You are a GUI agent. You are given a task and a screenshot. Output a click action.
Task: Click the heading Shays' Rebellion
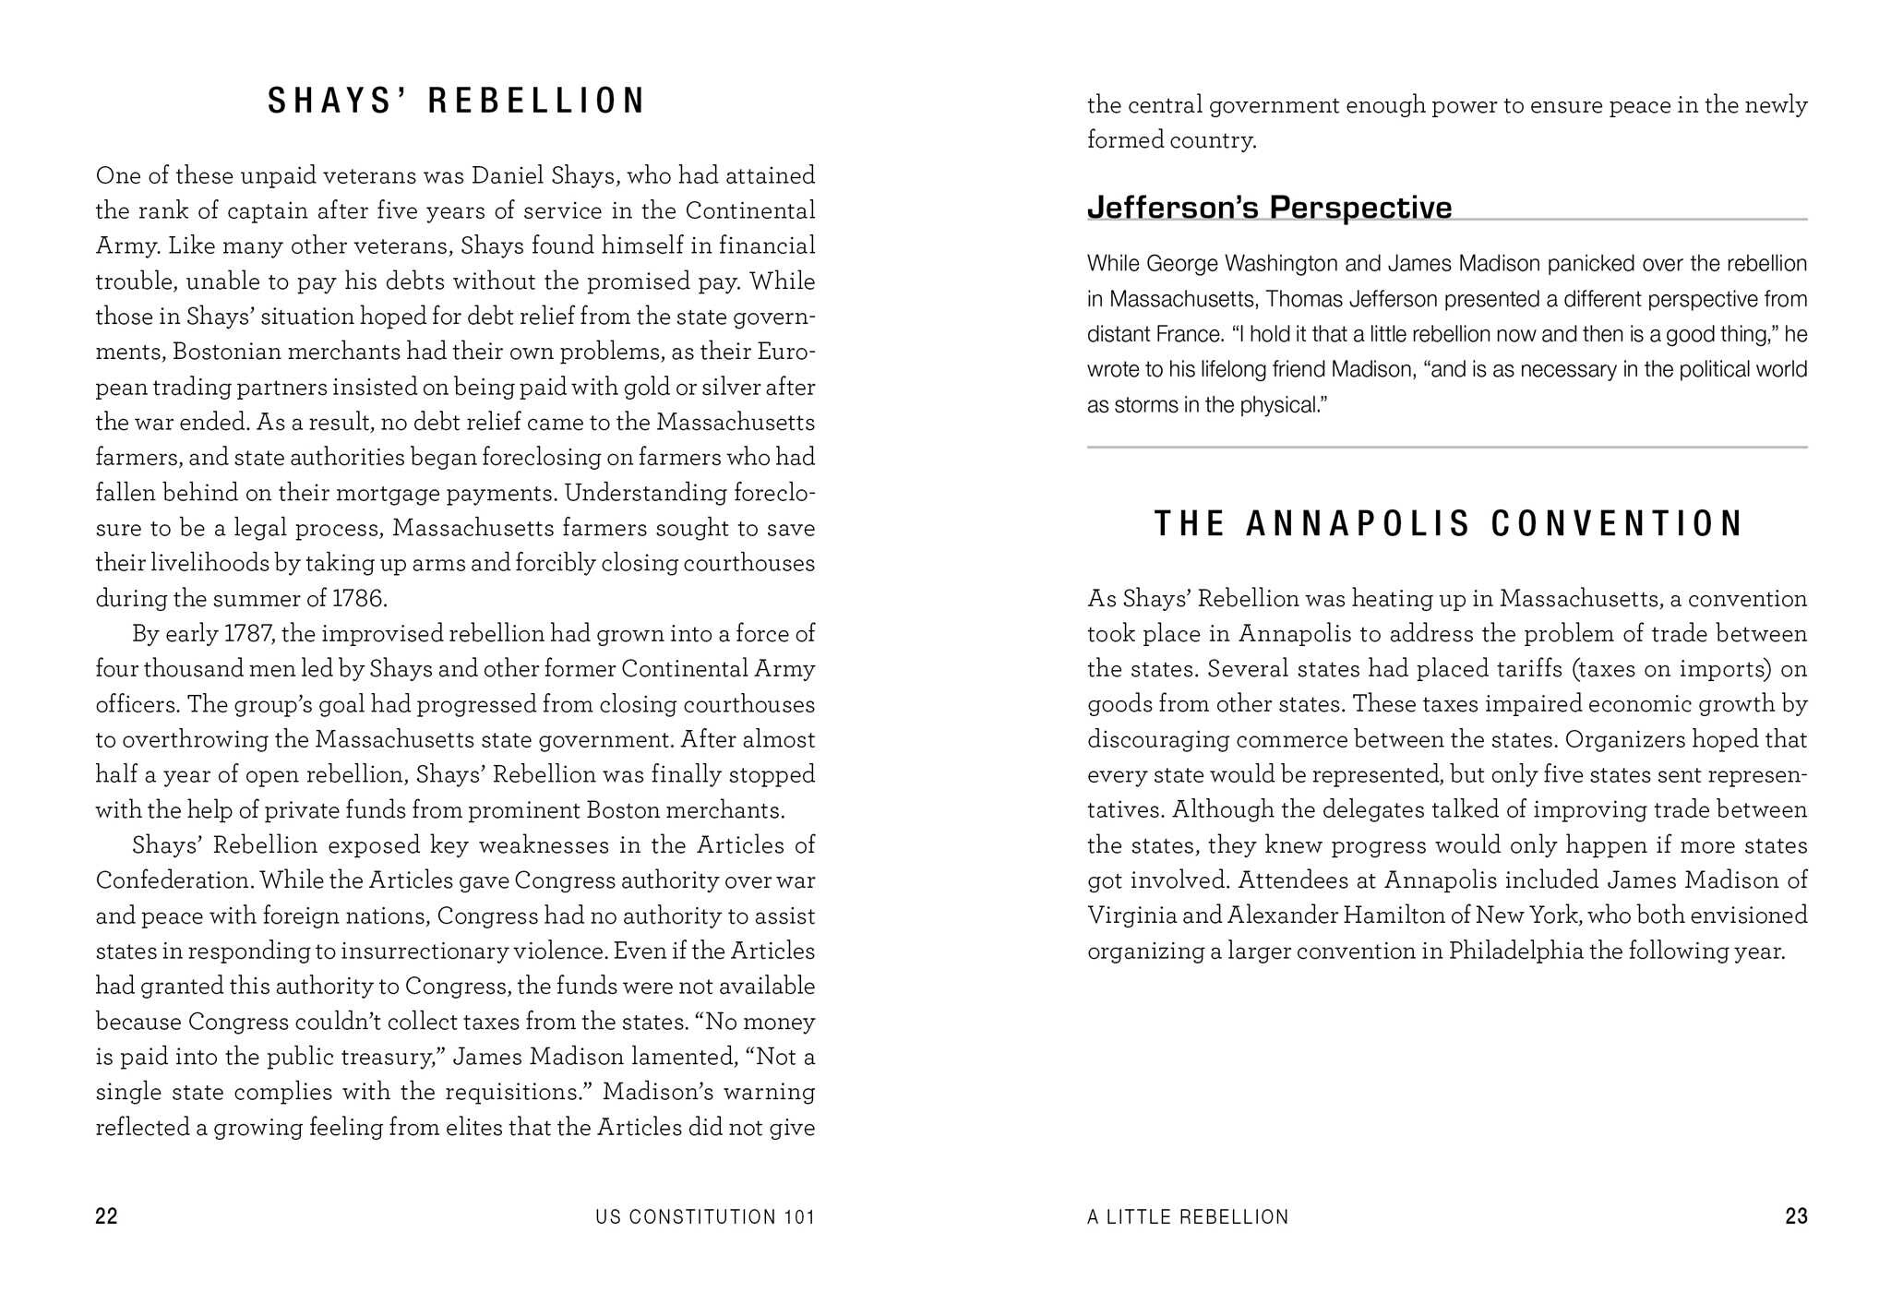click(x=456, y=102)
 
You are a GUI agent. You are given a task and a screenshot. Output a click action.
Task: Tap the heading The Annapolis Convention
click(x=1447, y=524)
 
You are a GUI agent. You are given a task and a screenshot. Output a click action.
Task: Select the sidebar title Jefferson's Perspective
click(x=1269, y=208)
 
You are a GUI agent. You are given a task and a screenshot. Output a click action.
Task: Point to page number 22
click(x=106, y=1216)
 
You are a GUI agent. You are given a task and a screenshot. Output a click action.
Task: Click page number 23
click(x=1796, y=1216)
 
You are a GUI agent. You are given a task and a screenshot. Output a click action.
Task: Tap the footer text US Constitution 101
click(x=705, y=1217)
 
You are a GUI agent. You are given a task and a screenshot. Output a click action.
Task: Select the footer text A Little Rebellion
click(x=1188, y=1217)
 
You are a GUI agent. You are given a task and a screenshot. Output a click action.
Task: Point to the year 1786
click(x=358, y=599)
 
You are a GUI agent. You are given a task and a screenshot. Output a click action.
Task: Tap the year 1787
click(x=247, y=634)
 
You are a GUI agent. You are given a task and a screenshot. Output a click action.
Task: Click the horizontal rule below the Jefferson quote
click(x=1447, y=448)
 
